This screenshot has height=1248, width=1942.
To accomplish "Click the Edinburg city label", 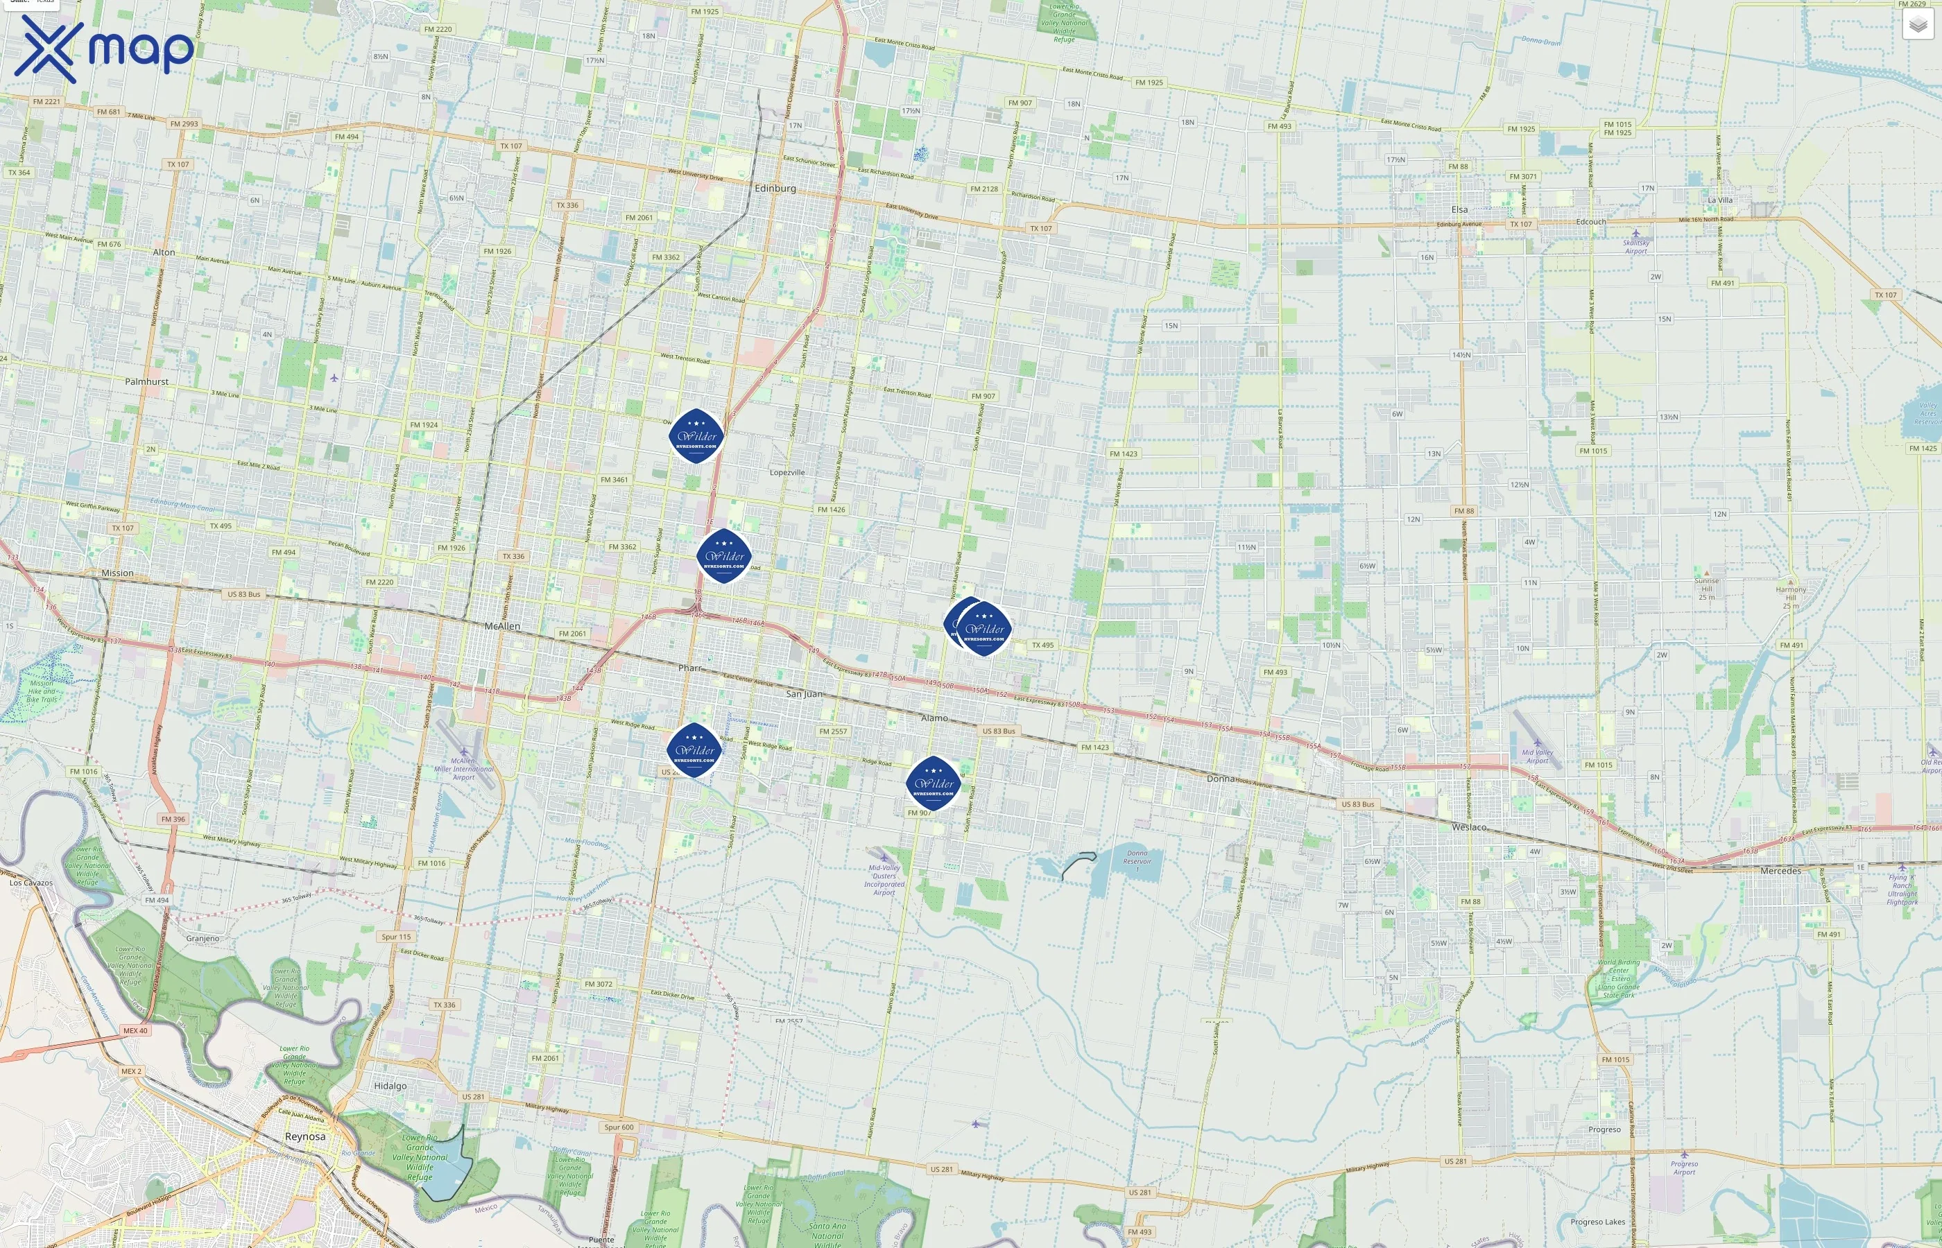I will click(775, 188).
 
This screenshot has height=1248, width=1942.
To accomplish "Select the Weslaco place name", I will click(1469, 826).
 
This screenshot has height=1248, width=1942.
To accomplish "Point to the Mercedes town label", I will click(1780, 870).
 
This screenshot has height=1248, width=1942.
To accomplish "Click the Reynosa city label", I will click(304, 1136).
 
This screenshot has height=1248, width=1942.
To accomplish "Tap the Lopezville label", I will click(787, 471).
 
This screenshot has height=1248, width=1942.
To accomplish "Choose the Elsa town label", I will click(1459, 209).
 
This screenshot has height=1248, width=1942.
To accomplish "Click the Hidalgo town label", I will click(390, 1086).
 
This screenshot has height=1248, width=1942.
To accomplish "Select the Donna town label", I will click(1220, 778).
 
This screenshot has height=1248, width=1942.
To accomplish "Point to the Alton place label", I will click(164, 252).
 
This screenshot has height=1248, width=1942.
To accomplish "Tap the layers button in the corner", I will click(1917, 25).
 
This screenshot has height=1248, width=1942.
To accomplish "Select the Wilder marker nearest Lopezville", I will click(696, 436).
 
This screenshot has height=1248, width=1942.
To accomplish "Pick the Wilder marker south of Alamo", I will click(933, 783).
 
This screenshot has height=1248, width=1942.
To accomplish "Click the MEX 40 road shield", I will click(135, 1031).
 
